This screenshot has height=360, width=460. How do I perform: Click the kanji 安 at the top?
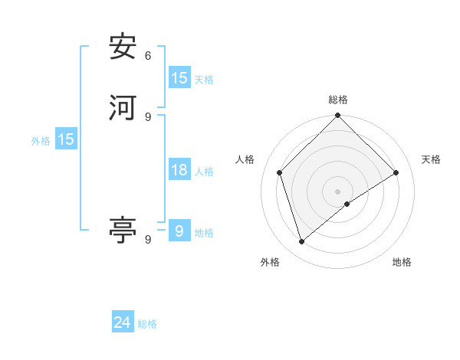tap(123, 47)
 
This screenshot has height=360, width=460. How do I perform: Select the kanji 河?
tap(123, 107)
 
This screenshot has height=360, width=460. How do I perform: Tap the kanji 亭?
tap(123, 230)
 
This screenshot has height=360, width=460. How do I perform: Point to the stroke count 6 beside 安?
tap(148, 56)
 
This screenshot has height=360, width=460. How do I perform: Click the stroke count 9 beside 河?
tap(148, 116)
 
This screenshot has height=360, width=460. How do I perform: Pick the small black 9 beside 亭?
tap(148, 240)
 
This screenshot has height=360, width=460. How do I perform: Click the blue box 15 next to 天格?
tap(179, 78)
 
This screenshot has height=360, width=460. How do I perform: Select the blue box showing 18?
tap(179, 170)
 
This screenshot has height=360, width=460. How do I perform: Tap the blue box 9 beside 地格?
tap(179, 231)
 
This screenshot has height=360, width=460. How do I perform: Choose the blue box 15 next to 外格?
tap(66, 139)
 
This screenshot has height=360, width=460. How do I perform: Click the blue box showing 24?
tap(123, 322)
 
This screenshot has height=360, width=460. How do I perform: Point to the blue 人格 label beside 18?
tap(204, 172)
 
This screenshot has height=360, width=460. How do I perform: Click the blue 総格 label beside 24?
tap(147, 324)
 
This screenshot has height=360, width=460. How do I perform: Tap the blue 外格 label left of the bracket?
tap(41, 141)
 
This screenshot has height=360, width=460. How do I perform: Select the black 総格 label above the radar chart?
tap(338, 100)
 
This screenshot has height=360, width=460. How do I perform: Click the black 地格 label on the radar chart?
tap(402, 262)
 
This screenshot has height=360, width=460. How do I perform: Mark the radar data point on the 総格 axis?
tap(338, 116)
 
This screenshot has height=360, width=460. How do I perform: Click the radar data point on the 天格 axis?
tap(396, 172)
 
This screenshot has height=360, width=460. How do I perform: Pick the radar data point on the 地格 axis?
tap(347, 204)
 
